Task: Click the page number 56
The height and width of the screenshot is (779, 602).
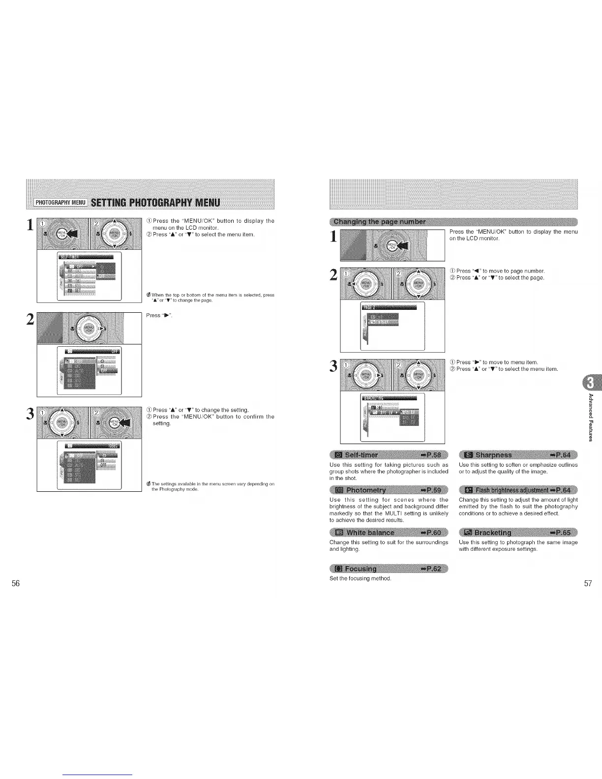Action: (x=16, y=583)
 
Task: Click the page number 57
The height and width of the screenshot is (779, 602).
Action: (x=588, y=583)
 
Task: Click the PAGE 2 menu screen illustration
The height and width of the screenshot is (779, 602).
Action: (x=392, y=326)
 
